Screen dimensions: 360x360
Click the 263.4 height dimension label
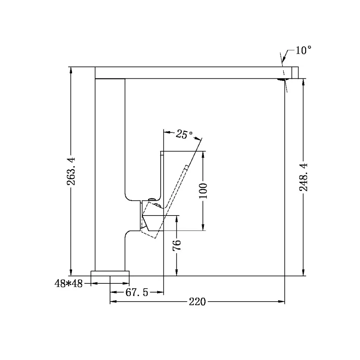pyautogui.click(x=71, y=171)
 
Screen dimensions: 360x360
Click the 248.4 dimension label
pyautogui.click(x=304, y=177)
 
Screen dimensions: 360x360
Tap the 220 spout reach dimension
pyautogui.click(x=197, y=302)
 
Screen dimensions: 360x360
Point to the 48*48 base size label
pyautogui.click(x=69, y=284)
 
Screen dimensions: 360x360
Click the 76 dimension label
pyautogui.click(x=177, y=244)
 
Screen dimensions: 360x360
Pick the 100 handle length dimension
pyautogui.click(x=203, y=191)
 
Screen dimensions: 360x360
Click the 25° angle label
pyautogui.click(x=184, y=134)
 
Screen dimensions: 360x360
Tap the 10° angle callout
pyautogui.click(x=303, y=51)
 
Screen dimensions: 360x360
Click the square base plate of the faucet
pyautogui.click(x=110, y=273)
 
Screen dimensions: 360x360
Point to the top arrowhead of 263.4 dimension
pyautogui.click(x=71, y=70)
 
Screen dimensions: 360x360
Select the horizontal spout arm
pyautogui.click(x=190, y=72)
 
